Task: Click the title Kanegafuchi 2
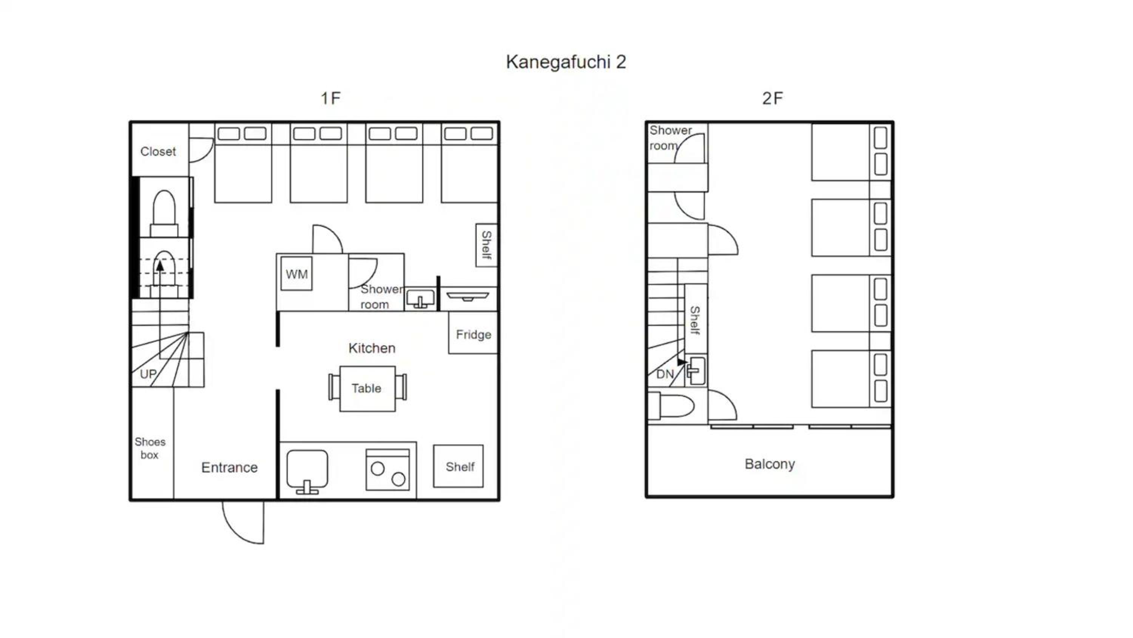point(566,62)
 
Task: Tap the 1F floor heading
point(330,98)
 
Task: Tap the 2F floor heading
point(772,98)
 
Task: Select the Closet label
point(158,152)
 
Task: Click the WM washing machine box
point(296,274)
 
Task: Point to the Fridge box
point(473,333)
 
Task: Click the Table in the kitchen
point(367,388)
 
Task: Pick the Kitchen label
point(372,348)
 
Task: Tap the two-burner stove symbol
point(387,469)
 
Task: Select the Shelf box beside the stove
point(458,466)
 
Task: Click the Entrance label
point(229,468)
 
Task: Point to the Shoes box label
point(150,448)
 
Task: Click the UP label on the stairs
point(148,374)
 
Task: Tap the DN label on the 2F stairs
point(665,374)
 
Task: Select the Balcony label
point(770,464)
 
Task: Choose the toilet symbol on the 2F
point(671,406)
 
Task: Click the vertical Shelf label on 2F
point(695,320)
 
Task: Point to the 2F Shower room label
point(670,138)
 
